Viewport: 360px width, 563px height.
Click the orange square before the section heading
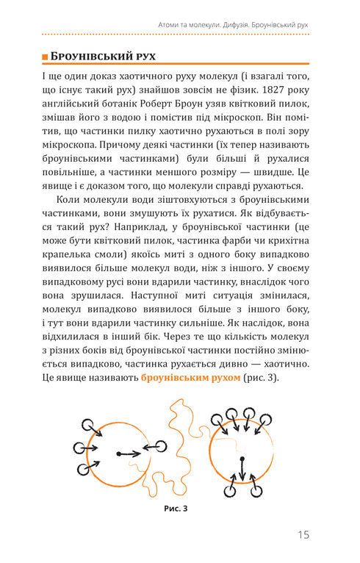[x=45, y=56]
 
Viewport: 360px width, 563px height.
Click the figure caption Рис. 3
[x=180, y=506]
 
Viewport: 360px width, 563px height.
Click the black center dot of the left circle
[x=119, y=454]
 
